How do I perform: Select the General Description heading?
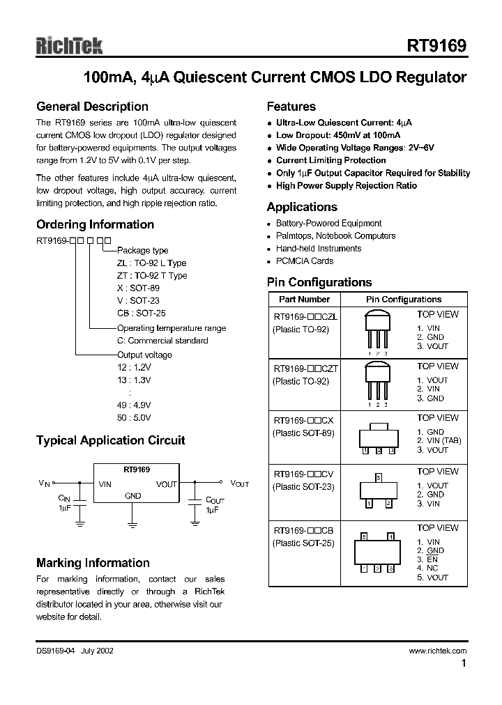(x=92, y=107)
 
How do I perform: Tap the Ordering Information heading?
(x=95, y=224)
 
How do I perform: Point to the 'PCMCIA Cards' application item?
(x=304, y=261)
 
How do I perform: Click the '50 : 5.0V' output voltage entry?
(x=134, y=418)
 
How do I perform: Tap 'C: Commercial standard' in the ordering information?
(x=162, y=341)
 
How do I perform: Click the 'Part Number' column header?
(x=304, y=299)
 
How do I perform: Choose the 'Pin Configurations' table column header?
(x=404, y=299)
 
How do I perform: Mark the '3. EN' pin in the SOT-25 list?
(x=428, y=559)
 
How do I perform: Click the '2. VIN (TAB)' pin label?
(x=439, y=441)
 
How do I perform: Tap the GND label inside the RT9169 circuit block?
(x=132, y=496)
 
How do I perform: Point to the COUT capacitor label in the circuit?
(x=215, y=500)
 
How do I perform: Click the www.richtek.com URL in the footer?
(x=438, y=651)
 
